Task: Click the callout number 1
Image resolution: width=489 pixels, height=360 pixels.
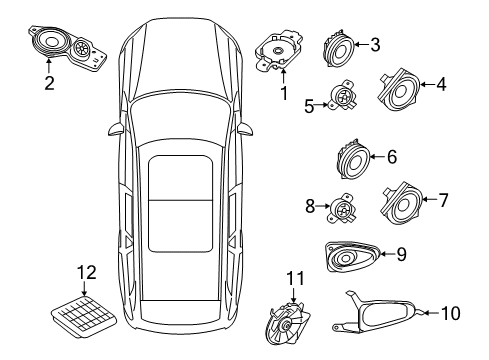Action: [x=283, y=95]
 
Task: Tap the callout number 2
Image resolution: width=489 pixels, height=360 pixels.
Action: [x=47, y=83]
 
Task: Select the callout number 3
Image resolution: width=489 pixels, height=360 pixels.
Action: [x=374, y=44]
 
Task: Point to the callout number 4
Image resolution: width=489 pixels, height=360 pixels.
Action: [x=440, y=85]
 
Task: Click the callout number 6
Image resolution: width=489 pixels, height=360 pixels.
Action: [x=391, y=156]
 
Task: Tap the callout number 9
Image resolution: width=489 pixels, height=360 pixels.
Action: [x=400, y=255]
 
